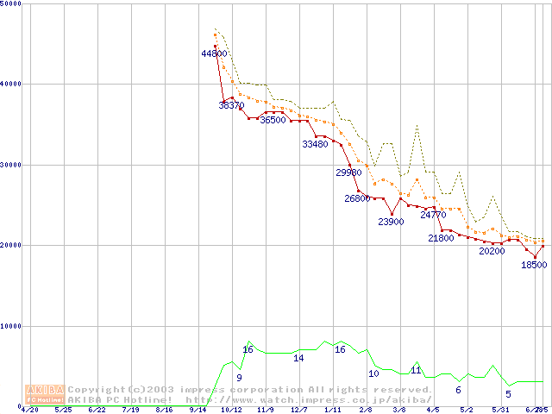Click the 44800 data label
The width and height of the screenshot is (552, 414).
[x=214, y=53]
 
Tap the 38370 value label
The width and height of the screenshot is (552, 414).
[x=231, y=105]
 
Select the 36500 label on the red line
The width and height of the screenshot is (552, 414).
[x=273, y=121]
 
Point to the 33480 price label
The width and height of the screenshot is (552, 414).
[x=316, y=144]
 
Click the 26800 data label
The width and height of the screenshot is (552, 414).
[x=358, y=198]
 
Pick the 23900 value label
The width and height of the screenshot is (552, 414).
[x=391, y=222]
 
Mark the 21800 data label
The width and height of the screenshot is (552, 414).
[x=441, y=238]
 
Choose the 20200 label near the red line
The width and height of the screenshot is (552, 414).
[x=492, y=251]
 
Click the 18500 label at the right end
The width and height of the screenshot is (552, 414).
[x=534, y=265]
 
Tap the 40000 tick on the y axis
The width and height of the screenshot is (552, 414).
[x=12, y=84]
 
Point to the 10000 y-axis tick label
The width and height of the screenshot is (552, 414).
[x=12, y=326]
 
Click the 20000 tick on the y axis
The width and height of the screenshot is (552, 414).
[x=12, y=245]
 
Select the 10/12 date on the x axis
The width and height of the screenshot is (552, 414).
[x=231, y=410]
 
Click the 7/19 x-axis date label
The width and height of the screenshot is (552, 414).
[x=130, y=410]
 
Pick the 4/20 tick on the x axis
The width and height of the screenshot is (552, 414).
[x=28, y=410]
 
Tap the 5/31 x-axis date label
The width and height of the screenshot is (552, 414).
[x=500, y=410]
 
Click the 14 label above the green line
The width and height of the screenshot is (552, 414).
[x=298, y=358]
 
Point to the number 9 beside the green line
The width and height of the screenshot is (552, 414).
[x=239, y=378]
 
